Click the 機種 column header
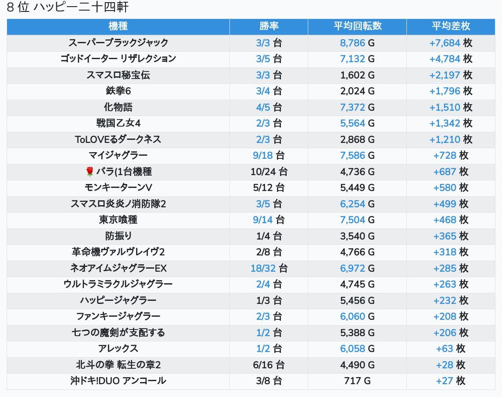point(118,26)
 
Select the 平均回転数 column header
point(357,26)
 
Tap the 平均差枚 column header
point(450,26)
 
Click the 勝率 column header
point(269,26)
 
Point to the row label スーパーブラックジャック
point(118,43)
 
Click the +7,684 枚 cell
point(450,43)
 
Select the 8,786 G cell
point(357,43)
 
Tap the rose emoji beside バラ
point(90,172)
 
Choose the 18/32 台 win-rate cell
point(269,268)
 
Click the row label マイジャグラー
point(118,155)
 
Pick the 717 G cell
point(357,381)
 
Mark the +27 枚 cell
point(450,381)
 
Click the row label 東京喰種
point(118,220)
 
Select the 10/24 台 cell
point(269,172)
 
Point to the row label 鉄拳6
point(118,91)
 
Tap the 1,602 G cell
point(357,75)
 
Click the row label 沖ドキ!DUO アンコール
point(118,381)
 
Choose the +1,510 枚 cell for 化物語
point(450,107)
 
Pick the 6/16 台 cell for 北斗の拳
point(269,365)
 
